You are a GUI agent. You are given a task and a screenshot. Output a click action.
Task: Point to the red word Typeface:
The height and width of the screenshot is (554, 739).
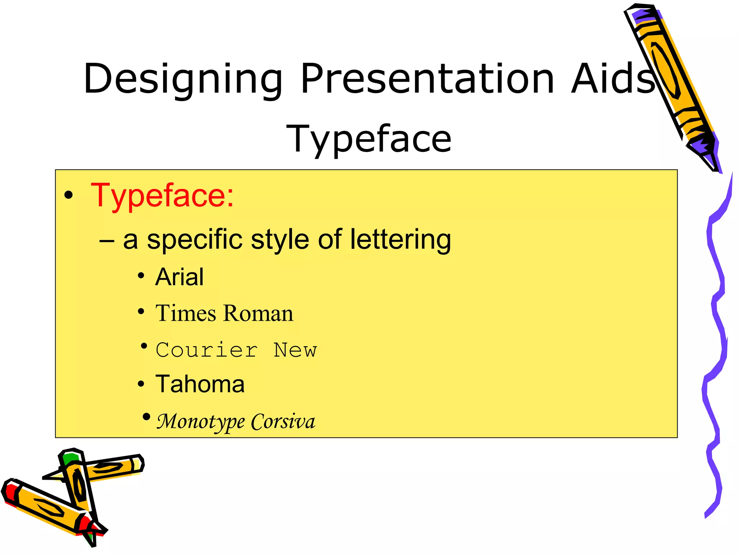(162, 196)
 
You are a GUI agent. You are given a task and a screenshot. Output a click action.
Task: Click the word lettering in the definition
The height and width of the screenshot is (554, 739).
(401, 239)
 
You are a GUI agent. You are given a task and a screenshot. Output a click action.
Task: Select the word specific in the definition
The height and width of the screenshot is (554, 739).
(194, 240)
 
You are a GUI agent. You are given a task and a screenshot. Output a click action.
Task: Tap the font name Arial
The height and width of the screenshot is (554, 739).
(179, 277)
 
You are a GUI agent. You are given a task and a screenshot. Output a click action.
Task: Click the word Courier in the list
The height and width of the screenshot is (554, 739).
(207, 350)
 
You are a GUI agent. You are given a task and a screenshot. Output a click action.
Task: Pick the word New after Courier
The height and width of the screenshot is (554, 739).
(295, 350)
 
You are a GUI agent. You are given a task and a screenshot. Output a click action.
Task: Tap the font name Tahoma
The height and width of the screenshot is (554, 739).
(200, 384)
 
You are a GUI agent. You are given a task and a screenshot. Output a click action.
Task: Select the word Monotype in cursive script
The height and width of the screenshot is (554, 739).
(201, 421)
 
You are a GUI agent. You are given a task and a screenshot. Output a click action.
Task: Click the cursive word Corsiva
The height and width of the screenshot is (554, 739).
(283, 421)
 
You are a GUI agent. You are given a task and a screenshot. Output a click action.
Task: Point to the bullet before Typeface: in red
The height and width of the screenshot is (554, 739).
(68, 196)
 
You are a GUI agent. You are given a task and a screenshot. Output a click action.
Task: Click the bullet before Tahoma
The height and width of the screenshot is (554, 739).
(141, 384)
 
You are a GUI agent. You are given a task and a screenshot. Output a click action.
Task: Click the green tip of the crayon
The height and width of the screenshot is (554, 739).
(70, 459)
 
